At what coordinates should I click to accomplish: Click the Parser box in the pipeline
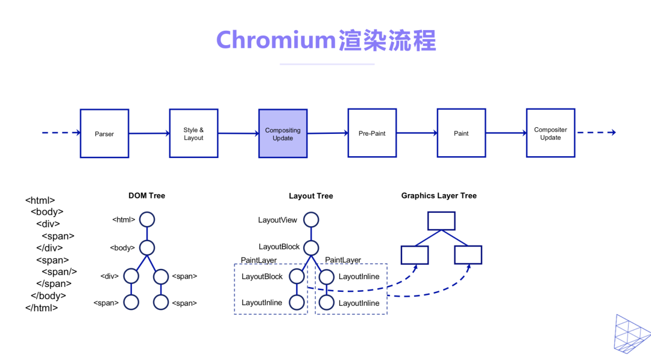pyautogui.click(x=104, y=133)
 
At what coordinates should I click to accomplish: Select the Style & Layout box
pyautogui.click(x=193, y=133)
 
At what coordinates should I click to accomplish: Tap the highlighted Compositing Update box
pyautogui.click(x=283, y=133)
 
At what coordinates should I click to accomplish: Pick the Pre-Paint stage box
pyautogui.click(x=372, y=133)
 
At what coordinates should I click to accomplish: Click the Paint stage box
pyautogui.click(x=461, y=133)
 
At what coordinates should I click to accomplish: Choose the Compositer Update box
pyautogui.click(x=550, y=133)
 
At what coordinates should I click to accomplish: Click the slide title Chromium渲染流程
pyautogui.click(x=325, y=40)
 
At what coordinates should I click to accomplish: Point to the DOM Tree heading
pyautogui.click(x=146, y=195)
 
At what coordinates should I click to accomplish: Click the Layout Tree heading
pyautogui.click(x=310, y=196)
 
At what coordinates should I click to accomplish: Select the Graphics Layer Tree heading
pyautogui.click(x=439, y=195)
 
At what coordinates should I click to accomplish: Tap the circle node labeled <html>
pyautogui.click(x=147, y=219)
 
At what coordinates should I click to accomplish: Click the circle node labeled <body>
pyautogui.click(x=147, y=247)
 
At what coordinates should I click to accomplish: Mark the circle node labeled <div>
pyautogui.click(x=131, y=276)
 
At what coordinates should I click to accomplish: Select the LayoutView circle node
pyautogui.click(x=310, y=219)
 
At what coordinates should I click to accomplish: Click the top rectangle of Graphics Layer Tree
pyautogui.click(x=441, y=221)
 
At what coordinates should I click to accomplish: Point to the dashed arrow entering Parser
pyautogui.click(x=61, y=133)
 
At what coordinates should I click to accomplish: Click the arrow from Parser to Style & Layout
pyautogui.click(x=149, y=133)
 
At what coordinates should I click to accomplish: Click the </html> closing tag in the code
pyautogui.click(x=42, y=308)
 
